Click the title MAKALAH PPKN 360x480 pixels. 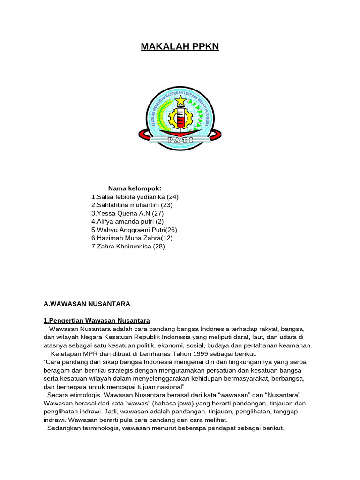point(180,47)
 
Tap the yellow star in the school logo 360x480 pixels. point(180,101)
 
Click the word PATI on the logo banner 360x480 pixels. point(180,139)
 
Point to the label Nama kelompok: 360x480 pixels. point(135,188)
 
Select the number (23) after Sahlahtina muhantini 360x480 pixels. point(167,205)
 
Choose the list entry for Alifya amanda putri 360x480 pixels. point(127,221)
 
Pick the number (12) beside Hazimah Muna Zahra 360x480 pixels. point(167,238)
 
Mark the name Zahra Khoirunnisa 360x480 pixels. point(124,246)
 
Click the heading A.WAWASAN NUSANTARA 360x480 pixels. point(87,304)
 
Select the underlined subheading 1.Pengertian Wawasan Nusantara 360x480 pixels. point(97,320)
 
